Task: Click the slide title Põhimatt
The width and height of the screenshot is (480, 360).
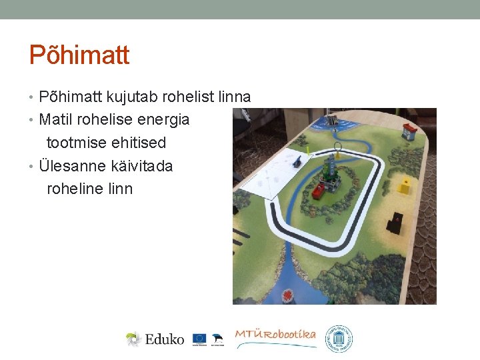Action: point(79,55)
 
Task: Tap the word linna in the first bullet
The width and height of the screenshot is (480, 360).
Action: point(235,97)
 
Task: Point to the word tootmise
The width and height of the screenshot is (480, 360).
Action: point(74,143)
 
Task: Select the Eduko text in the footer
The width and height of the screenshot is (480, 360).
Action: point(165,339)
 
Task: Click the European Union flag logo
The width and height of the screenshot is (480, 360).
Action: point(199,338)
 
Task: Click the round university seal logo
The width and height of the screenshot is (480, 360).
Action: point(339,339)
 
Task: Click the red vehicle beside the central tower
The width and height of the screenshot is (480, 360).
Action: point(319,191)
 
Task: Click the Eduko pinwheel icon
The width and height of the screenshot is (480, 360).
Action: point(134,339)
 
